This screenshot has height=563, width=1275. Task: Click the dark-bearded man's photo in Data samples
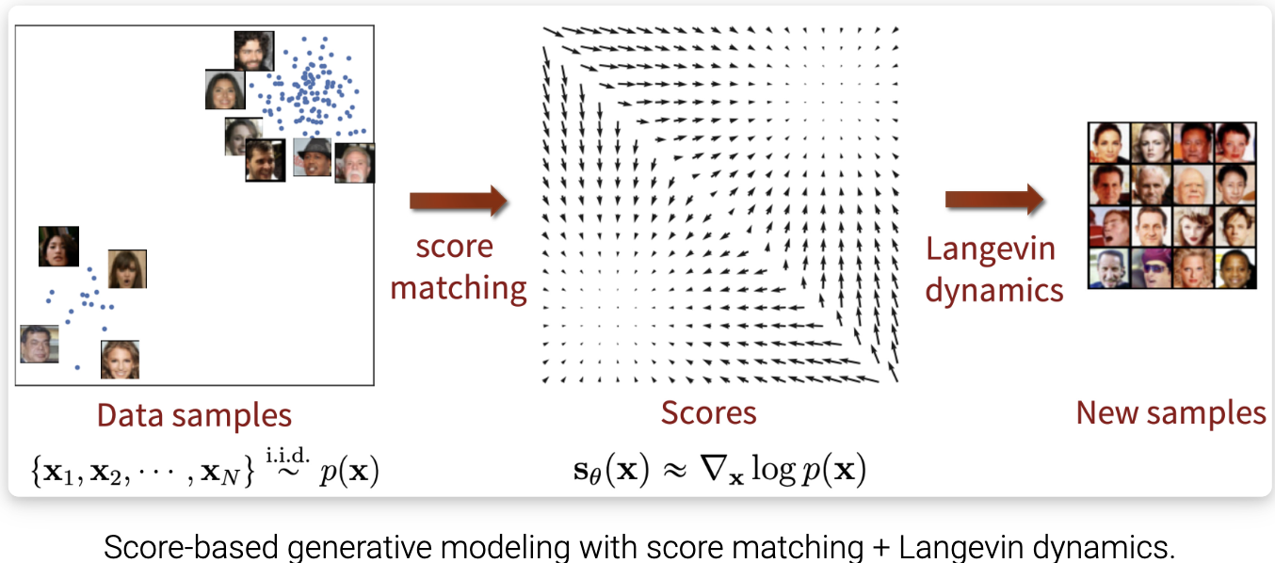pos(253,51)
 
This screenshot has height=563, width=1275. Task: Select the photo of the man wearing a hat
pos(312,157)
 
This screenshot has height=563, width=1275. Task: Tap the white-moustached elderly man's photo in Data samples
pos(354,163)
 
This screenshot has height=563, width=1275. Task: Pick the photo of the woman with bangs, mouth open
pos(127,268)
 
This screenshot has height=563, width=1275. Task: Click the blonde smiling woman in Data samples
pos(120,359)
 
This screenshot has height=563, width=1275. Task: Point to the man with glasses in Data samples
pos(40,344)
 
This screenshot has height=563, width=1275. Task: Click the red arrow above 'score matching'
pos(459,201)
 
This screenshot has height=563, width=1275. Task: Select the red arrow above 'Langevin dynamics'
pos(994,200)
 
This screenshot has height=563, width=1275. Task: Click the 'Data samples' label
pos(194,415)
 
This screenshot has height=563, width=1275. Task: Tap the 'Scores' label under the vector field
pos(708,412)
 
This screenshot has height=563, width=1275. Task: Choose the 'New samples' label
pos(1171,412)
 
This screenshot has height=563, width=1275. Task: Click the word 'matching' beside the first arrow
pos(459,287)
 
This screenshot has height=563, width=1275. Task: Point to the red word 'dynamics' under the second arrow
pos(994,289)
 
